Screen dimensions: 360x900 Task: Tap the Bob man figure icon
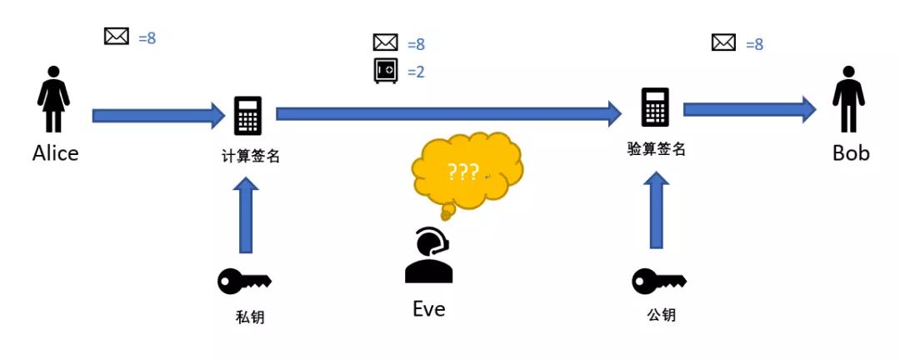pyautogui.click(x=849, y=100)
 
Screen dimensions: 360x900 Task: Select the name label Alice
pyautogui.click(x=55, y=153)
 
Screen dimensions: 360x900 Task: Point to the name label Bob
pyautogui.click(x=851, y=153)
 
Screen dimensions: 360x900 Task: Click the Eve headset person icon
pyautogui.click(x=429, y=256)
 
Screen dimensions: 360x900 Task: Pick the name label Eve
pyautogui.click(x=429, y=309)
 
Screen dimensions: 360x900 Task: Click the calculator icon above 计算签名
pyautogui.click(x=248, y=116)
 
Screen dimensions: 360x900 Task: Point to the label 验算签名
pyautogui.click(x=657, y=149)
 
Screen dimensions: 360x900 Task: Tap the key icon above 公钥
pyautogui.click(x=657, y=281)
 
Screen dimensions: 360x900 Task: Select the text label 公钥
pyautogui.click(x=661, y=315)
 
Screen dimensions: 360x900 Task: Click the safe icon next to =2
pyautogui.click(x=386, y=71)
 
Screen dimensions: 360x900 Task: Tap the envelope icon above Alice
pyautogui.click(x=117, y=37)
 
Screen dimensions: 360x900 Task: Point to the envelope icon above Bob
pyautogui.click(x=723, y=42)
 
